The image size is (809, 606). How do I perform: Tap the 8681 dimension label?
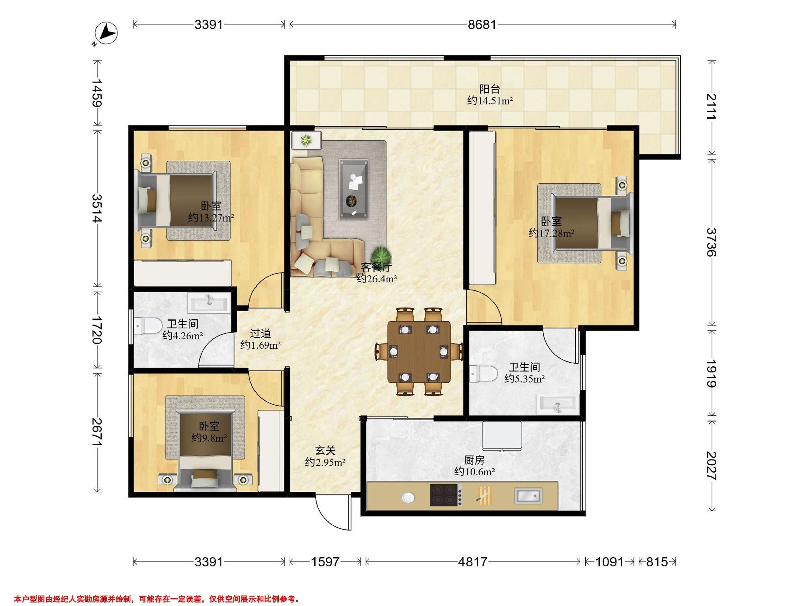coord(482,25)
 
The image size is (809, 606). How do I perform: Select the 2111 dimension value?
coord(711,107)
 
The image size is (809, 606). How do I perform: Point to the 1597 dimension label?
coord(325,562)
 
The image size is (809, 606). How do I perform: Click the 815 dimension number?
coord(657,562)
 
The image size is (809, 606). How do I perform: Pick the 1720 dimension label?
coord(96,330)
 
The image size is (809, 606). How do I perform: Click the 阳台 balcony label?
coord(490,89)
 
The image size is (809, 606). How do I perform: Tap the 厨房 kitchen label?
coord(474,460)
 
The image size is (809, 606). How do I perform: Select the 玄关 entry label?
coord(325,451)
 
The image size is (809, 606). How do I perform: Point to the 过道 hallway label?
coord(261,333)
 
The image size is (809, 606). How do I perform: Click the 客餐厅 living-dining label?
coord(376,267)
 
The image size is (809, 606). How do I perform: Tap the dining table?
coord(419,351)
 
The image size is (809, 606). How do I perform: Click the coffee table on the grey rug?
coord(353,189)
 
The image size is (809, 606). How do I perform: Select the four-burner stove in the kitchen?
coord(443,495)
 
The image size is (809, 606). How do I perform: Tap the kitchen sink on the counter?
coord(528,496)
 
